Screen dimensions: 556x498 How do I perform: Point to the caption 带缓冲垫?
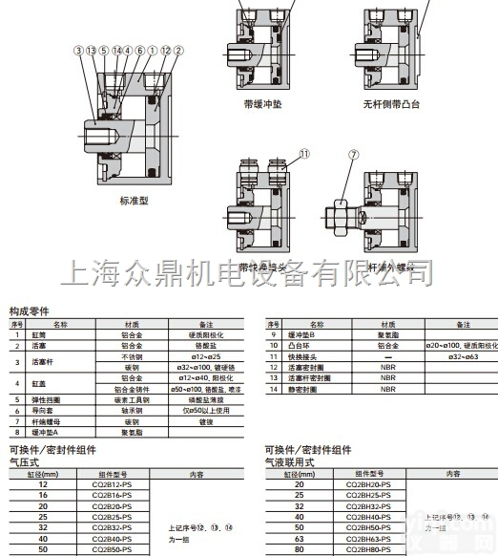click(x=262, y=104)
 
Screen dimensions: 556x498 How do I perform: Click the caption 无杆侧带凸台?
click(x=391, y=104)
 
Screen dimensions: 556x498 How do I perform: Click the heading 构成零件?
click(x=29, y=312)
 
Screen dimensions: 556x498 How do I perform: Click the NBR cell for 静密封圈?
click(x=387, y=389)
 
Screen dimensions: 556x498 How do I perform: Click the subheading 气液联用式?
click(x=282, y=460)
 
